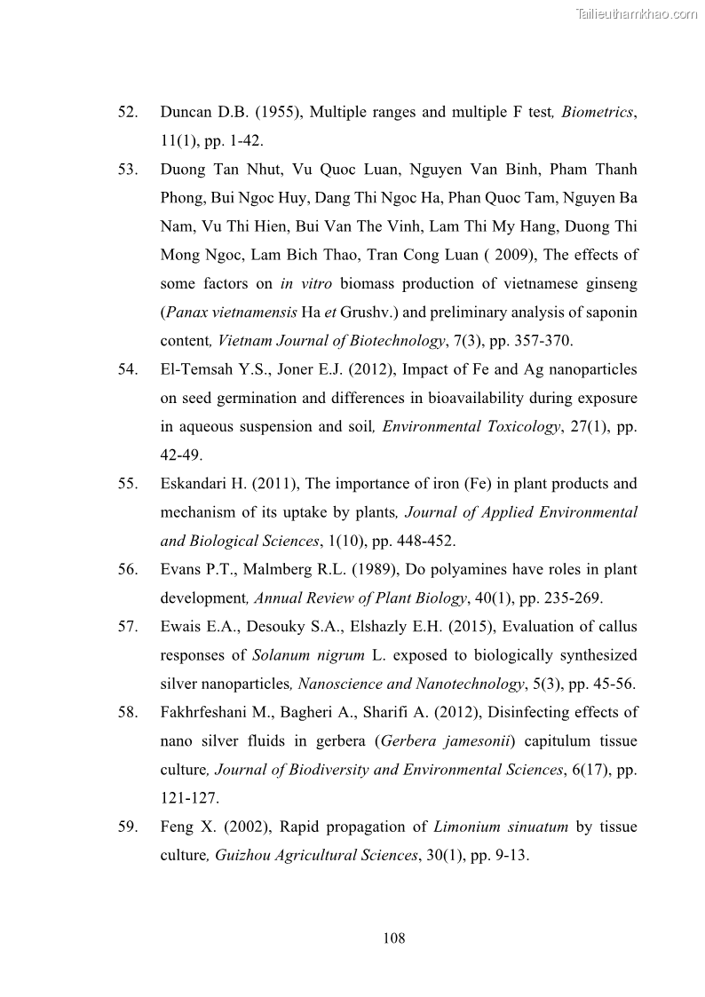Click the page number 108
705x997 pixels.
(x=394, y=938)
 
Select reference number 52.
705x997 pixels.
(x=128, y=113)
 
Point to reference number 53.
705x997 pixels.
(x=128, y=170)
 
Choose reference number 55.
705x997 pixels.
(x=128, y=484)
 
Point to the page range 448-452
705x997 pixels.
(x=430, y=541)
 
